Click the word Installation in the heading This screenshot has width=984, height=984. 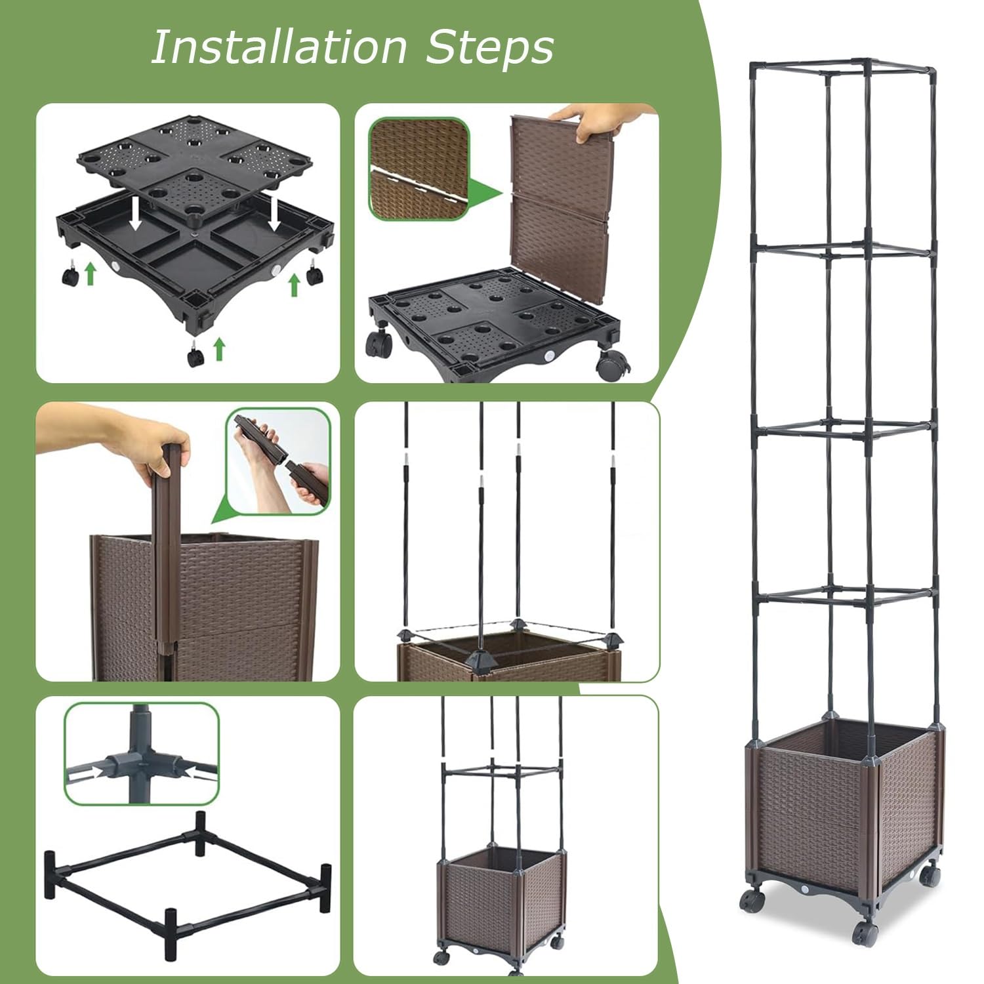coord(279,47)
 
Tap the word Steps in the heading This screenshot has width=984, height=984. coord(490,47)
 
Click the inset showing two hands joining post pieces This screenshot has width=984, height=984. coord(278,462)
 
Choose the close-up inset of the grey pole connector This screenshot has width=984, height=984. coord(142,754)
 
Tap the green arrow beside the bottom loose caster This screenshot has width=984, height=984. coord(220,348)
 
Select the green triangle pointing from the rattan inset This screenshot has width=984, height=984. coord(487,194)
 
